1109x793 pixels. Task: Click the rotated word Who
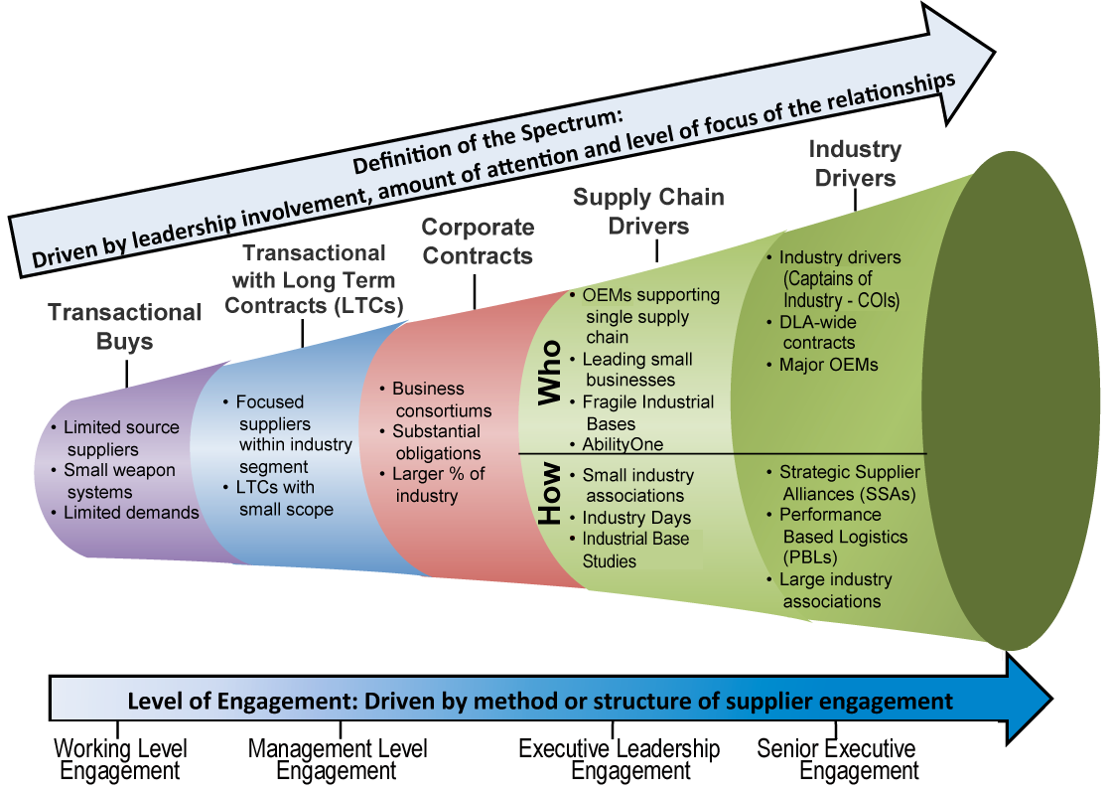pyautogui.click(x=549, y=374)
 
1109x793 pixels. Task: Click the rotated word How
pyautogui.click(x=549, y=497)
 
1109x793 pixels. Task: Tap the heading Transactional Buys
pyautogui.click(x=125, y=327)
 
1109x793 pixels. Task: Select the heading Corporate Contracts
pyautogui.click(x=477, y=241)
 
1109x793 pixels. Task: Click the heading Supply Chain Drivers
pyautogui.click(x=648, y=211)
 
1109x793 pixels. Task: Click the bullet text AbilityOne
pyautogui.click(x=623, y=444)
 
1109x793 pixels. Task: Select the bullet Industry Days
pyautogui.click(x=635, y=518)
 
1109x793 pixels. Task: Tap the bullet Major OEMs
pyautogui.click(x=828, y=365)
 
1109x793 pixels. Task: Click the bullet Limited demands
pyautogui.click(x=130, y=513)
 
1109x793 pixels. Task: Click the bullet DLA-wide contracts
pyautogui.click(x=817, y=332)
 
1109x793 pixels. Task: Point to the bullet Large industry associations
pyautogui.click(x=834, y=590)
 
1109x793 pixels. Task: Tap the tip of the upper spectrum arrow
pyautogui.click(x=993, y=53)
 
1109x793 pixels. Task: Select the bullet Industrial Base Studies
pyautogui.click(x=636, y=551)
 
